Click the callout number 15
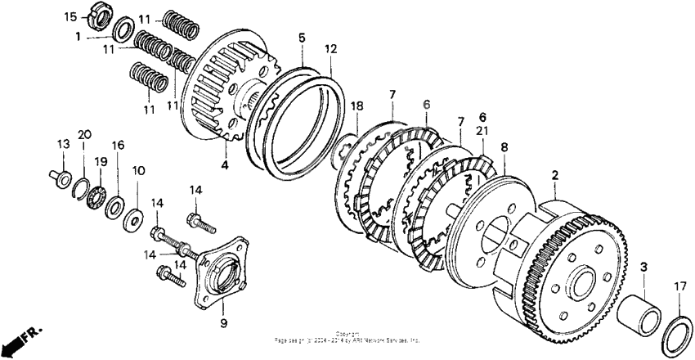pos(70,17)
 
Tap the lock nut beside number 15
pos(95,16)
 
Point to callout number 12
pos(330,49)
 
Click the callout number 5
pos(302,38)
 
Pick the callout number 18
pos(357,106)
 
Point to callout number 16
pos(119,145)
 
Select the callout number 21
pos(482,132)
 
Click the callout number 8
pos(504,148)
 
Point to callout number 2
pos(555,174)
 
